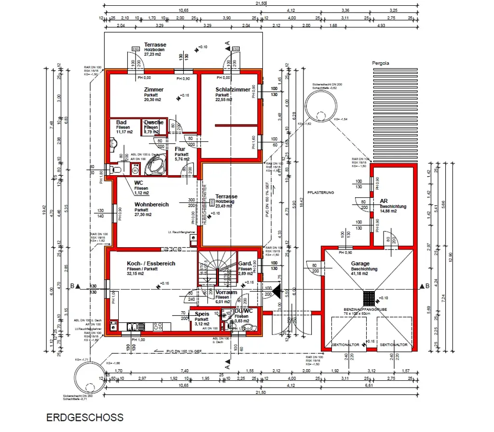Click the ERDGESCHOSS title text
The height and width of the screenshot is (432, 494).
pos(84,418)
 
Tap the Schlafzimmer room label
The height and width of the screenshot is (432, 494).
pos(233,90)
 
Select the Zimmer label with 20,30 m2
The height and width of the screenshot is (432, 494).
pos(153,90)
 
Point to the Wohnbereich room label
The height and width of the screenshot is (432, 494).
pos(151,205)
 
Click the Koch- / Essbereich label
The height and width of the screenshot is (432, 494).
pos(144,264)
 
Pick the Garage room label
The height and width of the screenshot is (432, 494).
pos(360,264)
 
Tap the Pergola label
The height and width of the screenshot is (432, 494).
pos(380,63)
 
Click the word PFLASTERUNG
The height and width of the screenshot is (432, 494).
pos(321,193)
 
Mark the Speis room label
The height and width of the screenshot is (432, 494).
pos(202,314)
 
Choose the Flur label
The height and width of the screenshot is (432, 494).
pos(180,149)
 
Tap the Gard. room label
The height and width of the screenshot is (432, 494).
pos(245,264)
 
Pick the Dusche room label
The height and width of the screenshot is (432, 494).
pos(153,123)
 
